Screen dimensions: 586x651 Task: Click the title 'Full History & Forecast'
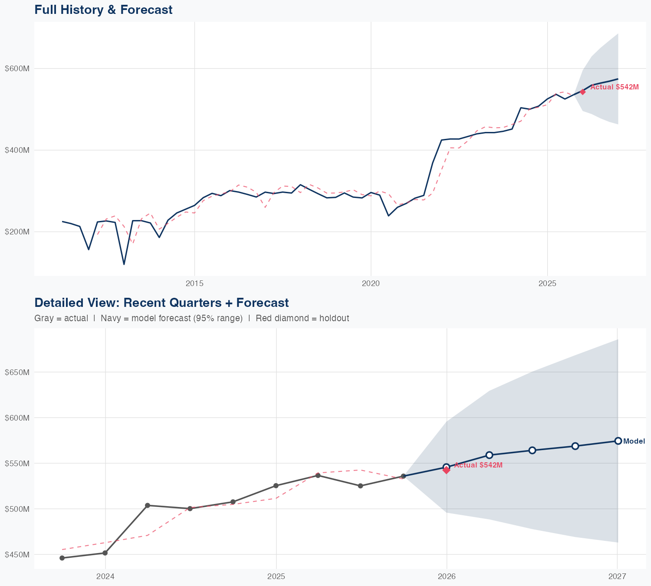pyautogui.click(x=103, y=10)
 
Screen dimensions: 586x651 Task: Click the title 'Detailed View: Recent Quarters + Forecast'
pyautogui.click(x=161, y=303)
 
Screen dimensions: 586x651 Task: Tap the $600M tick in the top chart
pyautogui.click(x=17, y=69)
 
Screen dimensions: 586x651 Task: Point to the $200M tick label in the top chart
pyautogui.click(x=17, y=232)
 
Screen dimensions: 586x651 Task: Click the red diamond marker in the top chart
pyautogui.click(x=583, y=92)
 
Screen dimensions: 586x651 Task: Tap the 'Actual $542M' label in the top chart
pyautogui.click(x=615, y=87)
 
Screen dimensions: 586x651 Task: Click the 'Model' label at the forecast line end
pyautogui.click(x=634, y=441)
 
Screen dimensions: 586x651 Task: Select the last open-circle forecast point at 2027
pyautogui.click(x=618, y=441)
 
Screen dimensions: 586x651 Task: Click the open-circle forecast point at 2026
pyautogui.click(x=447, y=467)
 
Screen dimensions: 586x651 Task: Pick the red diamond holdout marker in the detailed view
pyautogui.click(x=447, y=470)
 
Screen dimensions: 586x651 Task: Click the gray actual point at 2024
pyautogui.click(x=105, y=553)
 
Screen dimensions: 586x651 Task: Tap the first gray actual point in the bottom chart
pyautogui.click(x=62, y=558)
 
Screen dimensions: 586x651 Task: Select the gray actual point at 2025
pyautogui.click(x=276, y=486)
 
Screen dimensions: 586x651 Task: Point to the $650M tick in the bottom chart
pyautogui.click(x=17, y=372)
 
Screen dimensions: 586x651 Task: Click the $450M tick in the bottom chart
pyautogui.click(x=17, y=555)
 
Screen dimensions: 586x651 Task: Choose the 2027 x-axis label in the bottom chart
pyautogui.click(x=617, y=577)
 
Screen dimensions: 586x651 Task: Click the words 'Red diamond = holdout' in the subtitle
pyautogui.click(x=302, y=319)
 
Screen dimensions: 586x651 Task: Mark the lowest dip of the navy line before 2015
pyautogui.click(x=124, y=264)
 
